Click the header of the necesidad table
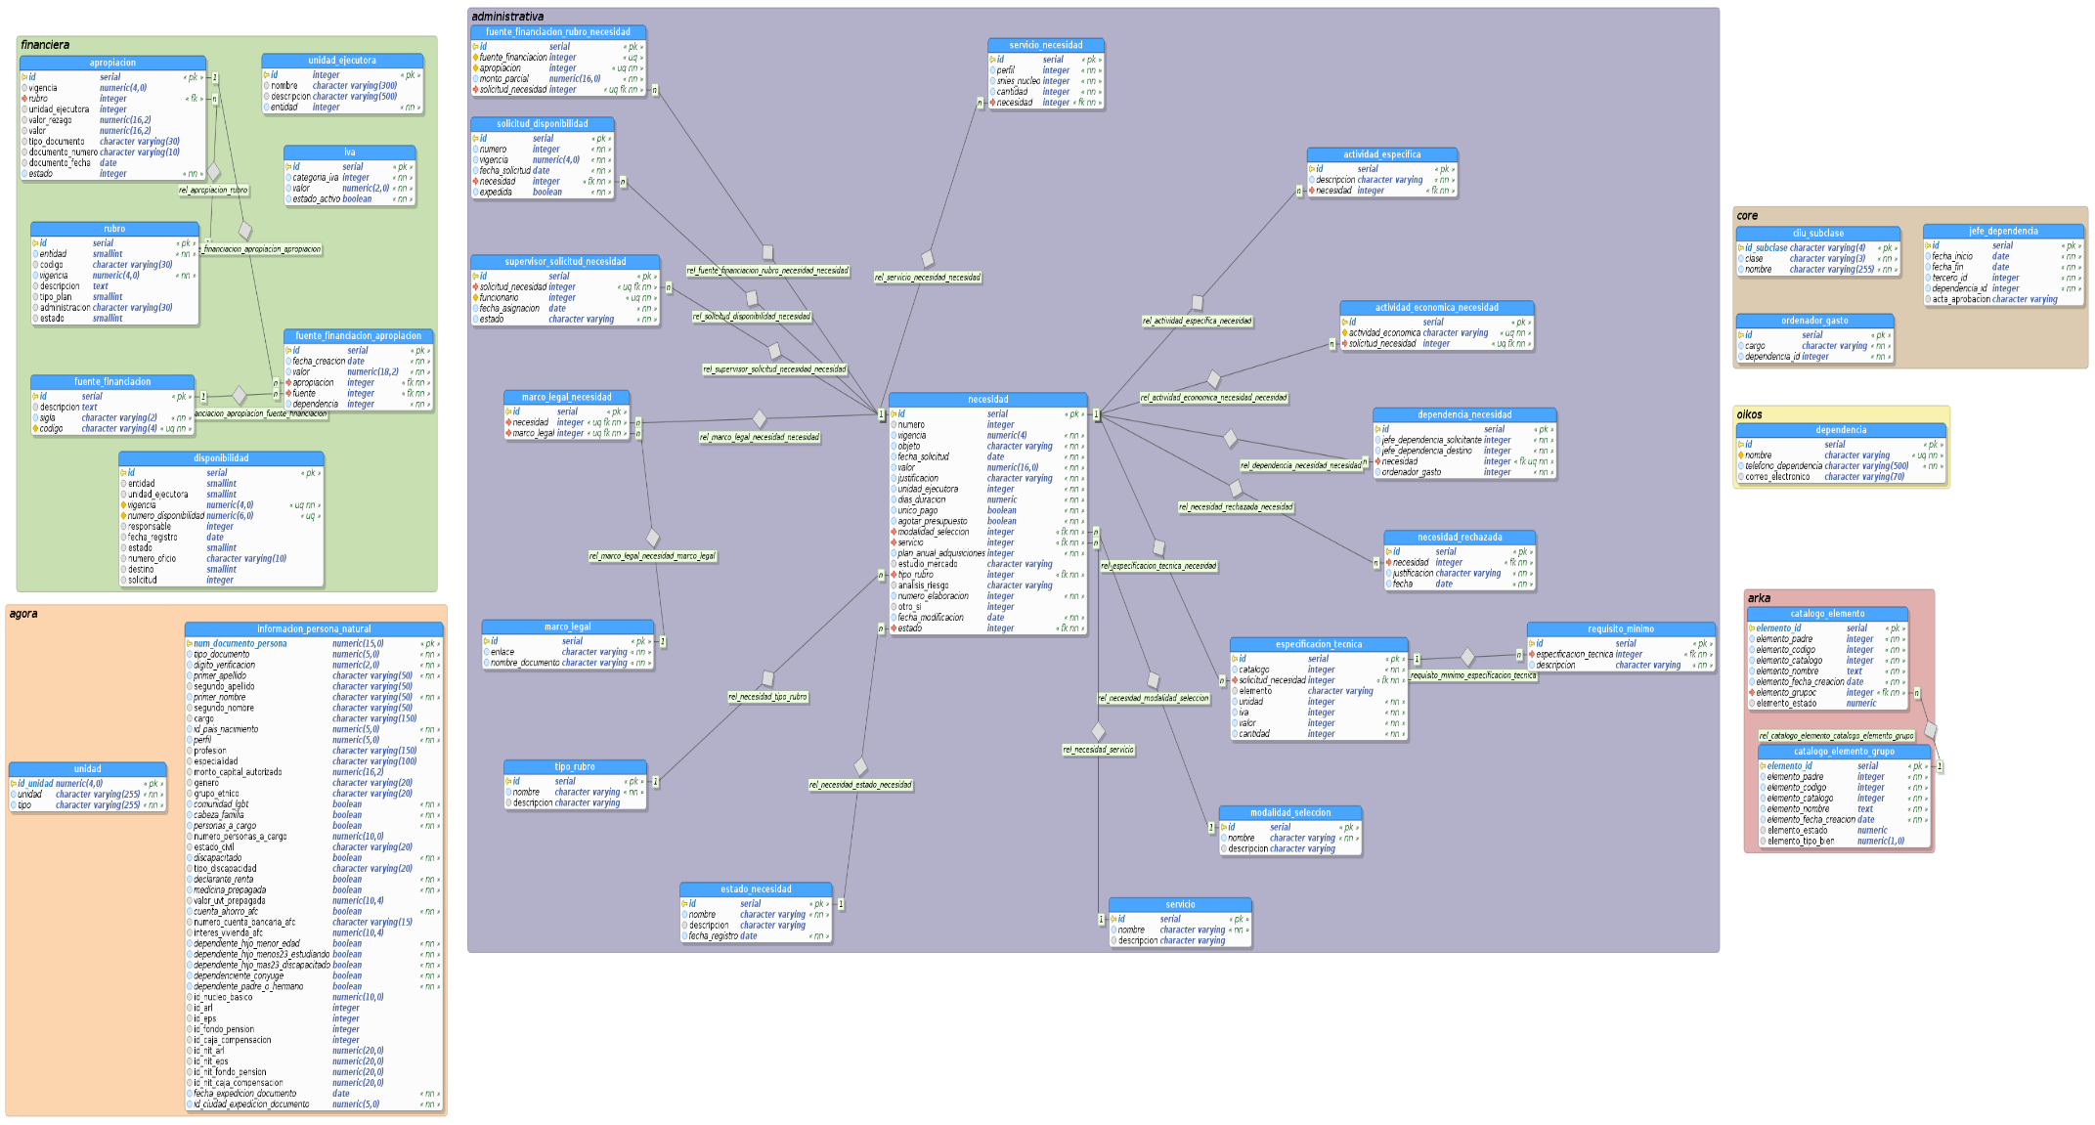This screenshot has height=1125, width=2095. coord(987,400)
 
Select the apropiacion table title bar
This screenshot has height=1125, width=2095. coord(112,63)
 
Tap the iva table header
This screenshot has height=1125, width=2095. coord(349,152)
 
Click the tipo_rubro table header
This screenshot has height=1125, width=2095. coord(574,767)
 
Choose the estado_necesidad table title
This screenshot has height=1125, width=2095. coord(756,889)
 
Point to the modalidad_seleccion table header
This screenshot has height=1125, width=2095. coord(1289,813)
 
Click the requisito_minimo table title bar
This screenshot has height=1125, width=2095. coord(1620,629)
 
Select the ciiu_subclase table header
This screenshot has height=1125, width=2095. coord(1817,234)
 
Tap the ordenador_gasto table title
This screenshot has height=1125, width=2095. coord(1813,321)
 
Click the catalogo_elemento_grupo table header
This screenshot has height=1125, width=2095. coord(1843,752)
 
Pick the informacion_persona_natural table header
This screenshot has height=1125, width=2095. coord(314,629)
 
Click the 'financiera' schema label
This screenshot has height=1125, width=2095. coord(45,45)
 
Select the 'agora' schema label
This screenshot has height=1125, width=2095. coord(23,614)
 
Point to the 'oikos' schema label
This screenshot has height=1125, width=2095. coord(1749,414)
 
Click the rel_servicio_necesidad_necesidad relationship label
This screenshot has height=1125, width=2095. coord(927,278)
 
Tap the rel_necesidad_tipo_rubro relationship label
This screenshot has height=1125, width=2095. coord(767,697)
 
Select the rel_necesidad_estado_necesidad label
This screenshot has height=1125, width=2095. coord(860,785)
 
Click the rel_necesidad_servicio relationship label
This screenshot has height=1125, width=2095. coord(1098,750)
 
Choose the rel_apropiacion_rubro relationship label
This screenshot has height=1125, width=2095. coord(213,191)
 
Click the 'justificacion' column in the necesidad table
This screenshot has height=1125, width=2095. coord(918,479)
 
